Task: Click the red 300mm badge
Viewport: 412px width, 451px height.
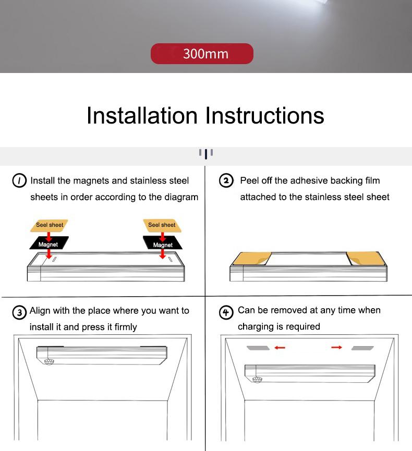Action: pos(202,54)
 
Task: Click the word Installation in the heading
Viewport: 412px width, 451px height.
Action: pos(142,115)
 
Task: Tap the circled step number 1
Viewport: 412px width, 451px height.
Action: pos(19,181)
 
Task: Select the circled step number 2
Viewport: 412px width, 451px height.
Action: pos(226,181)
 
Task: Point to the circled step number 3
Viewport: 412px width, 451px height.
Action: pos(19,312)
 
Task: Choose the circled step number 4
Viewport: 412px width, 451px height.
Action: pos(226,312)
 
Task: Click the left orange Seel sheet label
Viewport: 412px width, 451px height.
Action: pos(50,225)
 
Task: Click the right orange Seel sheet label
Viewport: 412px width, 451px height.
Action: pos(161,225)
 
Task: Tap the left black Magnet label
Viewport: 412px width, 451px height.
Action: pos(49,244)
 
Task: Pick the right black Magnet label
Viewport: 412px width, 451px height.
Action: pos(163,245)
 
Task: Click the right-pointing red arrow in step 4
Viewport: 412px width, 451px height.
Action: pos(336,347)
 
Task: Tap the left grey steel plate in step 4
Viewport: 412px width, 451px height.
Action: pos(258,348)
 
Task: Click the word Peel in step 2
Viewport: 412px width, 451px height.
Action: pos(249,181)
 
